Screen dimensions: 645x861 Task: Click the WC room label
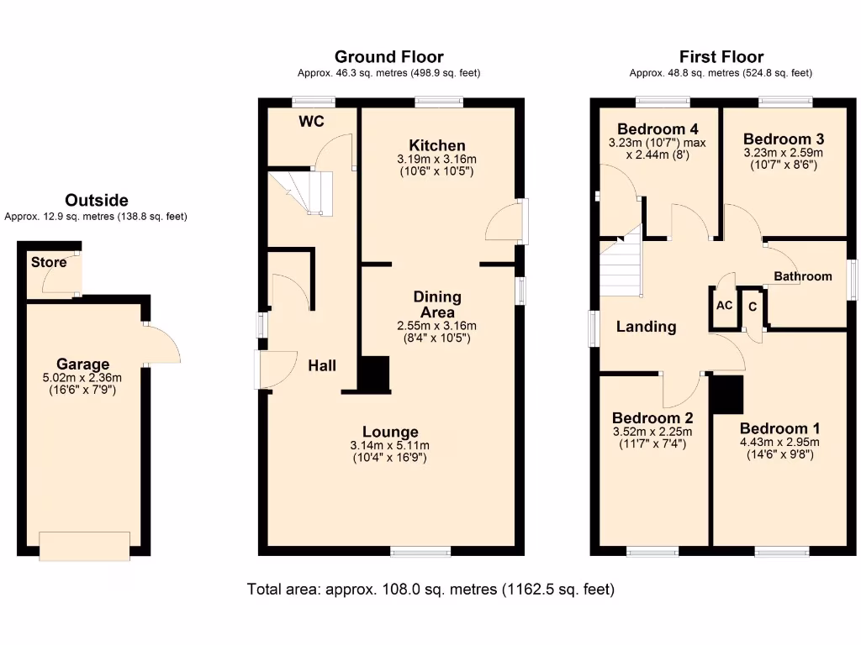point(311,122)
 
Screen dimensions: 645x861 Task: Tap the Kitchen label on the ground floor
point(436,145)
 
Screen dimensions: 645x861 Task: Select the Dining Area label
point(436,304)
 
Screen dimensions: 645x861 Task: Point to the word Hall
point(321,365)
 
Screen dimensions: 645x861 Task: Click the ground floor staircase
point(301,191)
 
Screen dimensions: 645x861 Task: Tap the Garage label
point(82,364)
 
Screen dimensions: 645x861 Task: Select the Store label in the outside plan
point(49,262)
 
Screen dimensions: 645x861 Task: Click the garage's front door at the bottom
point(84,545)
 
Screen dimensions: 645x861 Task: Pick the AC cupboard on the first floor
point(724,306)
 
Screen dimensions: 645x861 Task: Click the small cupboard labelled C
point(753,307)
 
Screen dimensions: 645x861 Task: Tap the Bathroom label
point(803,276)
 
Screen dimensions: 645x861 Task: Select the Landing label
point(646,327)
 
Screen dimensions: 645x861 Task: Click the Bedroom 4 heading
point(657,129)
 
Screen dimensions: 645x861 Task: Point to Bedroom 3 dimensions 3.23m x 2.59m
point(783,154)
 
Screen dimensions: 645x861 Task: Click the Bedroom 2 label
point(652,418)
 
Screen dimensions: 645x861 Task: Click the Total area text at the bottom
point(430,589)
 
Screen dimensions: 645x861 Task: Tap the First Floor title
point(721,57)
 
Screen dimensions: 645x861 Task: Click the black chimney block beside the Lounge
point(375,375)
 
